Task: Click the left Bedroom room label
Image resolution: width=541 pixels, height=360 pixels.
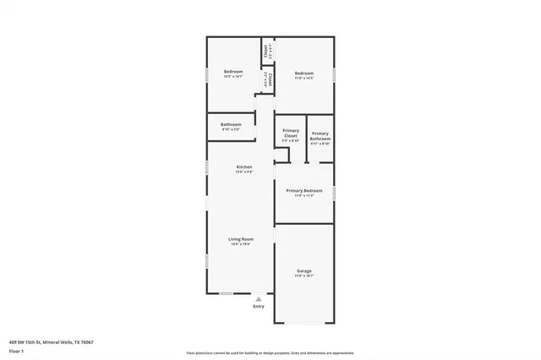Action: point(232,73)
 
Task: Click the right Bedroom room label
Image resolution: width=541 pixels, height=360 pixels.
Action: point(304,73)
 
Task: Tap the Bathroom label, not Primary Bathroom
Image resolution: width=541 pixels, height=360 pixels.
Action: point(231,124)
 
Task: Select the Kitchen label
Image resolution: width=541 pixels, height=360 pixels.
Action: point(243,167)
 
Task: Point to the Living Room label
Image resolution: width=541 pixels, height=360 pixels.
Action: point(240,239)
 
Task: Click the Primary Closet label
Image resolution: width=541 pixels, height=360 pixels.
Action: point(290,133)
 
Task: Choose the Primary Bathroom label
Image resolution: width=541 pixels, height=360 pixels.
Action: point(320,135)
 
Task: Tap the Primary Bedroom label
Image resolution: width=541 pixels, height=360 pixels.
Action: point(303,191)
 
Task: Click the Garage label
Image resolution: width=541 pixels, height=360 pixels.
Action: point(303,271)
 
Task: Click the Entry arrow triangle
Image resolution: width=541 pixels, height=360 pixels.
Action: point(259,298)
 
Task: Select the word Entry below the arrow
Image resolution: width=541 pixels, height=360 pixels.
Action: point(259,306)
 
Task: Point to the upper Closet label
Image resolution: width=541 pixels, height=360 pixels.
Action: point(266,50)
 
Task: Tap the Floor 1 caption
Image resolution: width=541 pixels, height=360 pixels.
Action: point(16,351)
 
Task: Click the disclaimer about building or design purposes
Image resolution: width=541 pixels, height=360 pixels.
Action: point(270,352)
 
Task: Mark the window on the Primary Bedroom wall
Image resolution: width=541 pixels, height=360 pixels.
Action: point(335,193)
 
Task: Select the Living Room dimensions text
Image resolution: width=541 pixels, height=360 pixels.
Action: point(240,245)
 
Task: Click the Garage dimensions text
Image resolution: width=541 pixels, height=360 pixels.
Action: point(303,276)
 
